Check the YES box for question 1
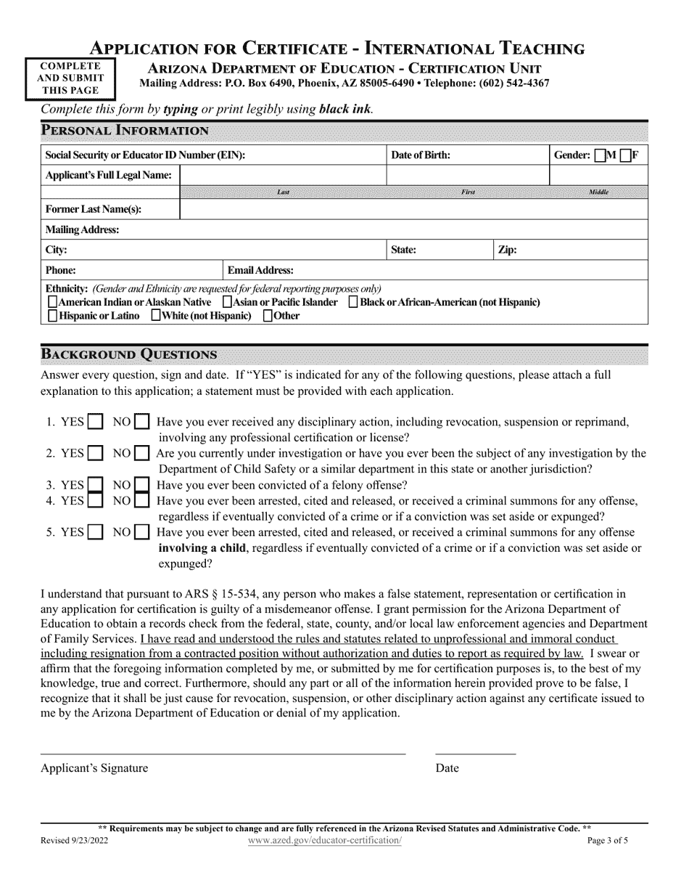click(95, 422)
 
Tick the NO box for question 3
click(141, 485)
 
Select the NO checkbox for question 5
click(141, 532)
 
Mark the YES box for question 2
click(95, 454)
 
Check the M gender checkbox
click(600, 155)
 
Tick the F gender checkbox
click(625, 155)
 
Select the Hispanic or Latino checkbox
click(52, 316)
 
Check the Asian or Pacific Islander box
click(227, 302)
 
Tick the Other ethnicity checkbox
click(268, 316)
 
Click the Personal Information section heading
click(125, 131)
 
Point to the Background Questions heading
click(128, 354)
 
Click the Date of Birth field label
click(420, 155)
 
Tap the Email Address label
click(260, 270)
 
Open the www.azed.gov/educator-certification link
click(323, 840)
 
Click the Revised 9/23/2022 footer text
click(75, 840)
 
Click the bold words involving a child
click(203, 548)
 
